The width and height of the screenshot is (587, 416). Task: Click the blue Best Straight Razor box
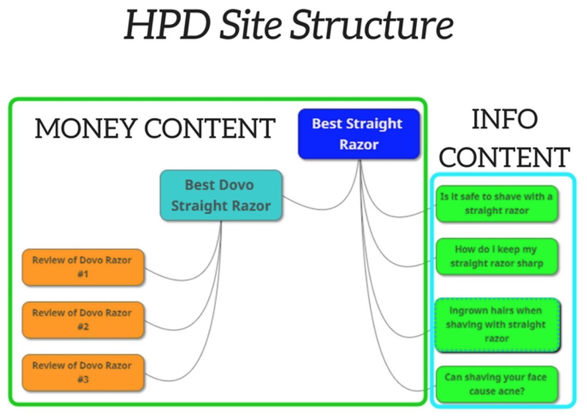[x=359, y=134]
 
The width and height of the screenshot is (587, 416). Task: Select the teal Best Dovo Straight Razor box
[x=221, y=195]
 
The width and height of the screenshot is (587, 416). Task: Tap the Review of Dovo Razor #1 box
[x=83, y=267]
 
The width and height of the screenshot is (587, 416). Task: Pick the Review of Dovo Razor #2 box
[x=83, y=320]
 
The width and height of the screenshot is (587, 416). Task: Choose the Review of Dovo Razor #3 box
[x=83, y=373]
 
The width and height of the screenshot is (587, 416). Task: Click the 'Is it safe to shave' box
[x=497, y=203]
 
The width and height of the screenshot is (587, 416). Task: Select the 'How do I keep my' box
[x=497, y=256]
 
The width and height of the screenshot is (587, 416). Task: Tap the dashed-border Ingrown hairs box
[x=497, y=325]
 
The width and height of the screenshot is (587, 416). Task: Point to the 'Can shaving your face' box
[x=497, y=384]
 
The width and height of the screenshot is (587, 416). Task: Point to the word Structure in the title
[x=372, y=25]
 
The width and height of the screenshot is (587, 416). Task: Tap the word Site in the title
[x=250, y=25]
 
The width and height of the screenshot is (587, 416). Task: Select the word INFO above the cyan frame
[x=504, y=119]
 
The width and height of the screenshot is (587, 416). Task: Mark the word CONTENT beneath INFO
[x=504, y=157]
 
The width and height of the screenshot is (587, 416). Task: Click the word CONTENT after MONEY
[x=210, y=128]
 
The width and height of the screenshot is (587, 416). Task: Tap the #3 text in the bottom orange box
[x=83, y=379]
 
